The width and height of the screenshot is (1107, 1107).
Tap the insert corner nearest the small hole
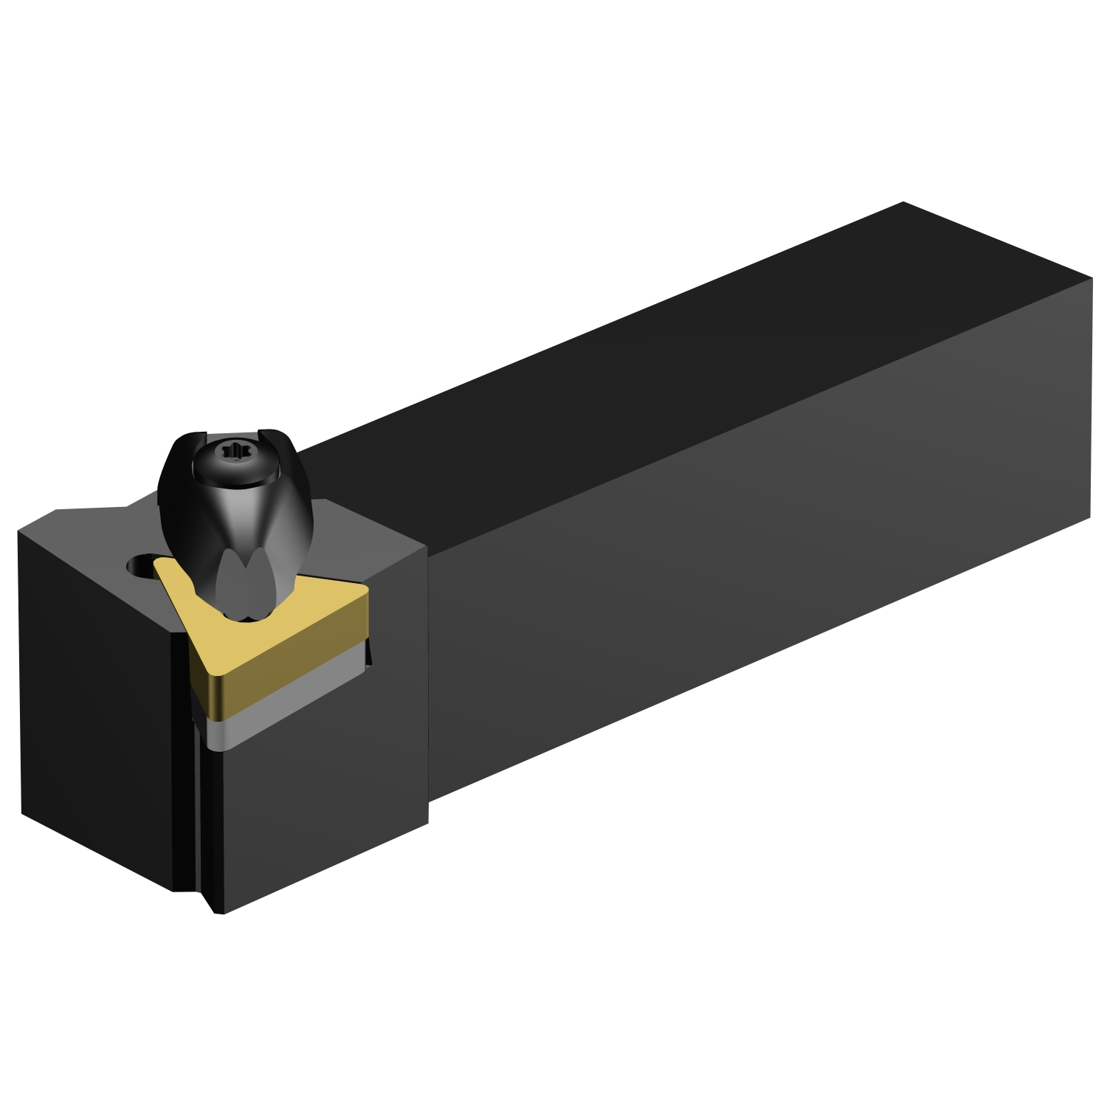pos(159,565)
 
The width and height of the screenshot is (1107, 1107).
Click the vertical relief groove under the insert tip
pos(199,812)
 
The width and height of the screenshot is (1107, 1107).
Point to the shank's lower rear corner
pos(1089,517)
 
